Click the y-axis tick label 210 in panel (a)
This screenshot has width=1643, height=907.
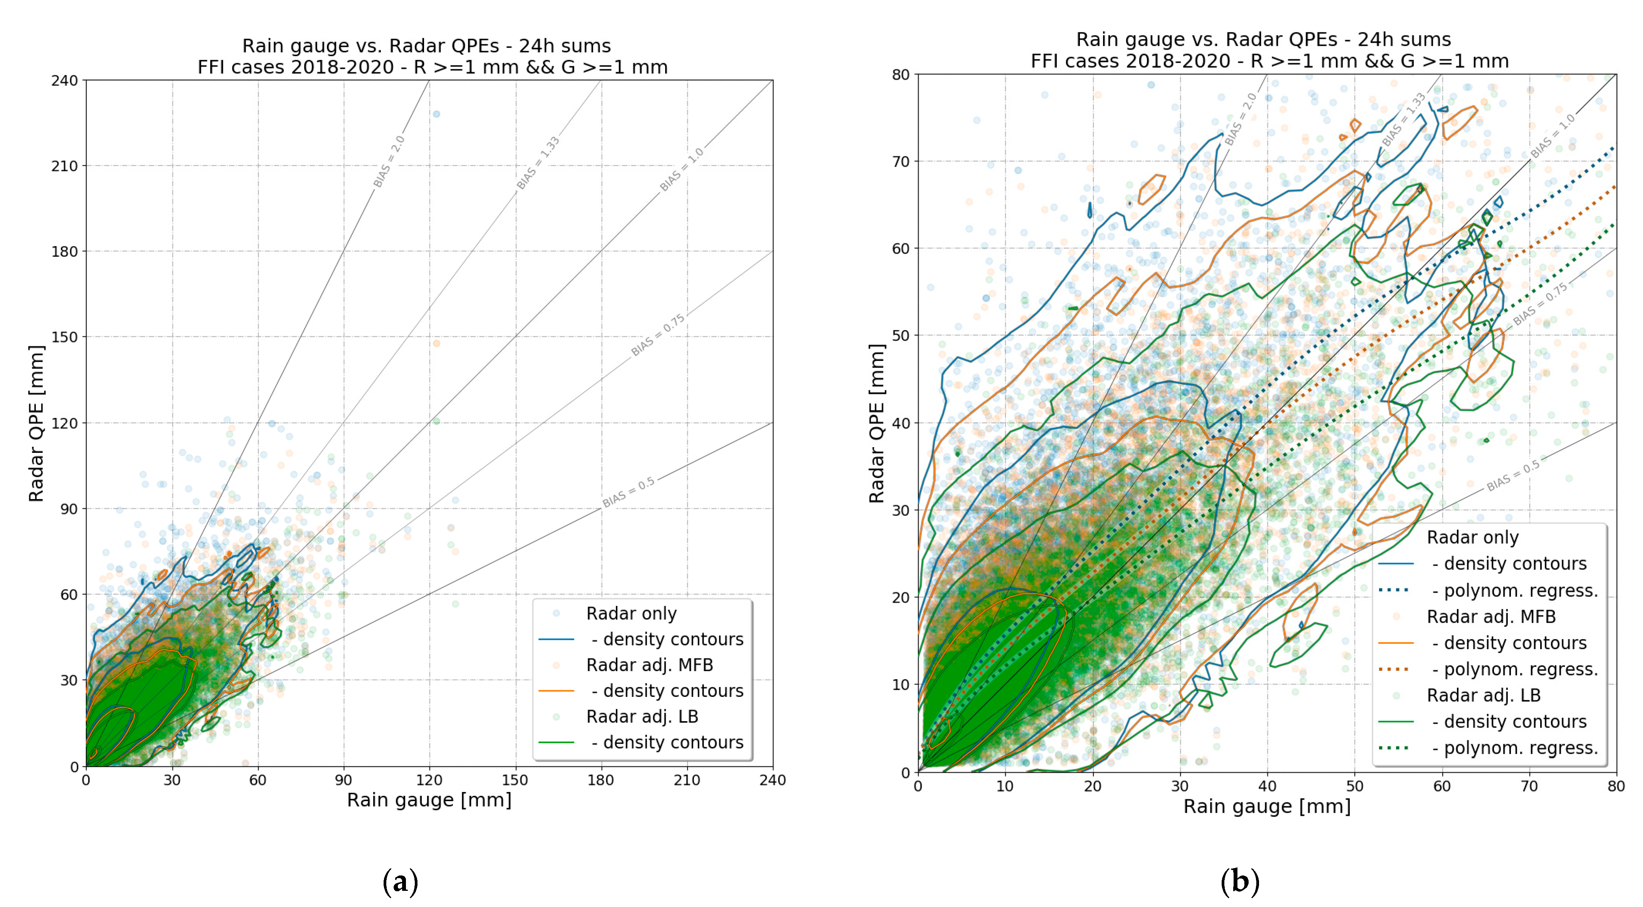coord(64,166)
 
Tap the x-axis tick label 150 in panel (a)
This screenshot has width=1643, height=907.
coord(515,780)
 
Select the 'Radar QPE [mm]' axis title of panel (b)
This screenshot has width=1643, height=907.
coord(877,423)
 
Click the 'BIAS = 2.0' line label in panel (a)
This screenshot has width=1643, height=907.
coord(389,162)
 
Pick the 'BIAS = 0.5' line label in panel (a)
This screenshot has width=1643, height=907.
coord(628,492)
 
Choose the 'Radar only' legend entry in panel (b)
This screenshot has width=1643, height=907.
coord(1472,537)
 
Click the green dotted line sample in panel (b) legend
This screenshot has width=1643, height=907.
coord(1393,748)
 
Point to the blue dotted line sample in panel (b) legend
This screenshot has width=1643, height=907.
coord(1393,590)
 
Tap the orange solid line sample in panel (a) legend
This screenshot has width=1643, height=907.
coord(556,691)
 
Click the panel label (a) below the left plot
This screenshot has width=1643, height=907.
coord(400,882)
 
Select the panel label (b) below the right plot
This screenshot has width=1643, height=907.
coord(1239,882)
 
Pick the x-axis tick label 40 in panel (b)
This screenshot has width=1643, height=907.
coord(1267,786)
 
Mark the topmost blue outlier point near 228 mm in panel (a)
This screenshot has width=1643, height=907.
coord(436,114)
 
